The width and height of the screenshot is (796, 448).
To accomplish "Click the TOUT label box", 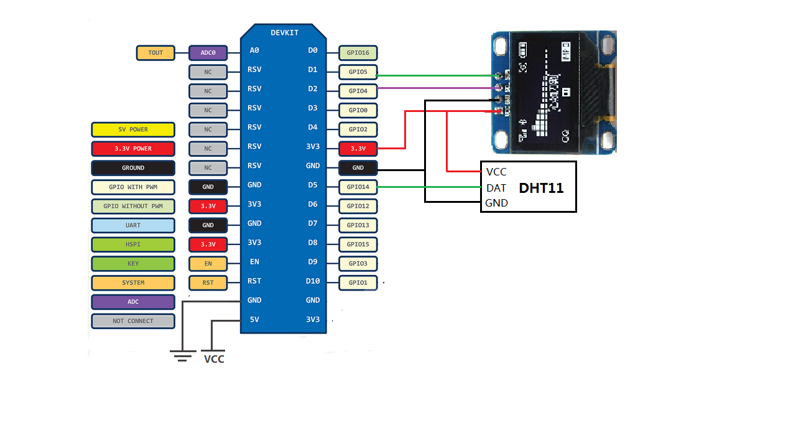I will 155,53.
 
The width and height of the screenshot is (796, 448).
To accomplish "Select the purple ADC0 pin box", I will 208,53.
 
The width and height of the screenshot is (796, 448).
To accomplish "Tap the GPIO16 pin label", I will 358,53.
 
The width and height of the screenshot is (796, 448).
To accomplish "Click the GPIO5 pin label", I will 358,72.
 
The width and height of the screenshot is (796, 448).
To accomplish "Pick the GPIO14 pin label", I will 358,187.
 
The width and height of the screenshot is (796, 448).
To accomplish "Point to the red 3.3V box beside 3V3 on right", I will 358,149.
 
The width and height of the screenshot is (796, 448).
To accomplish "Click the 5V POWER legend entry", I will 133,129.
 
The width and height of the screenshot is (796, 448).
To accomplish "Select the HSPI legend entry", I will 133,245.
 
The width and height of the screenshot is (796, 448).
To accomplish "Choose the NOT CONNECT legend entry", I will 133,321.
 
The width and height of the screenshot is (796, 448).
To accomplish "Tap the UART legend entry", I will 133,225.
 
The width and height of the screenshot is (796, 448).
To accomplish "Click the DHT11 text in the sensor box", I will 541,188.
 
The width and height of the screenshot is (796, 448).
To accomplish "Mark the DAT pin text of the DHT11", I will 496,188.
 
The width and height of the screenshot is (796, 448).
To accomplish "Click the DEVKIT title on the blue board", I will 284,32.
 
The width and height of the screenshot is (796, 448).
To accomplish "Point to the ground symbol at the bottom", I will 182,357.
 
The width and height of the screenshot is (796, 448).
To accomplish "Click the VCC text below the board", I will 214,359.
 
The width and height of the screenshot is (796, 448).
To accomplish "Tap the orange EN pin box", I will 208,264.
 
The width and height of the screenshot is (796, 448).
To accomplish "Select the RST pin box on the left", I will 208,282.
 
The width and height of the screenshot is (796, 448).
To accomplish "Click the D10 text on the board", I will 312,281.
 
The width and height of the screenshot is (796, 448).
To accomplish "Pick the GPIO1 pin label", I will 358,282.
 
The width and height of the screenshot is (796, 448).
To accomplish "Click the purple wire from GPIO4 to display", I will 435,88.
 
